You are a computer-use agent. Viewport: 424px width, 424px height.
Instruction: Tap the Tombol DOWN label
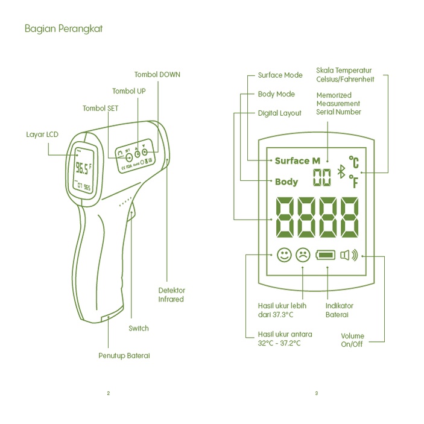pos(157,75)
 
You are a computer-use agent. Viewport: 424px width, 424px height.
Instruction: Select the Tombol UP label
pos(128,91)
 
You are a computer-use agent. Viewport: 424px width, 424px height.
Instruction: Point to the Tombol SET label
pos(100,109)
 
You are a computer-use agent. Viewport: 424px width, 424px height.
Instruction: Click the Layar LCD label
pos(42,134)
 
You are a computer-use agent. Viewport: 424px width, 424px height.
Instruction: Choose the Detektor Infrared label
pos(171,294)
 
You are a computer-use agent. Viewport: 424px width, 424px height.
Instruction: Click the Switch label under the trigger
pos(138,329)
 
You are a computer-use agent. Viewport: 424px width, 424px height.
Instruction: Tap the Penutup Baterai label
pos(124,356)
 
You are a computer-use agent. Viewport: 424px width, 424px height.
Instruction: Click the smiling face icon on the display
pos(284,255)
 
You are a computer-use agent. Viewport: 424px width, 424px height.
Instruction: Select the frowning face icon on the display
pos(303,255)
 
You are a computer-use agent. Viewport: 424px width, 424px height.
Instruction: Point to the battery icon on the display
pos(326,255)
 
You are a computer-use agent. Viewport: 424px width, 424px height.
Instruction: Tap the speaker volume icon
pos(349,255)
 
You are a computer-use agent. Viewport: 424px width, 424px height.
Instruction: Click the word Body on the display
pos(286,182)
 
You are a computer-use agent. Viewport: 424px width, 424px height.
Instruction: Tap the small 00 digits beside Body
pos(322,177)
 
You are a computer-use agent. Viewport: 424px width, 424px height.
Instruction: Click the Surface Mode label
pos(280,75)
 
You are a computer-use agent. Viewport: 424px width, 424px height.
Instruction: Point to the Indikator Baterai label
pos(340,310)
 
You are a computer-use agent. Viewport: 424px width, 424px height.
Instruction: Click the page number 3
pos(316,394)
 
